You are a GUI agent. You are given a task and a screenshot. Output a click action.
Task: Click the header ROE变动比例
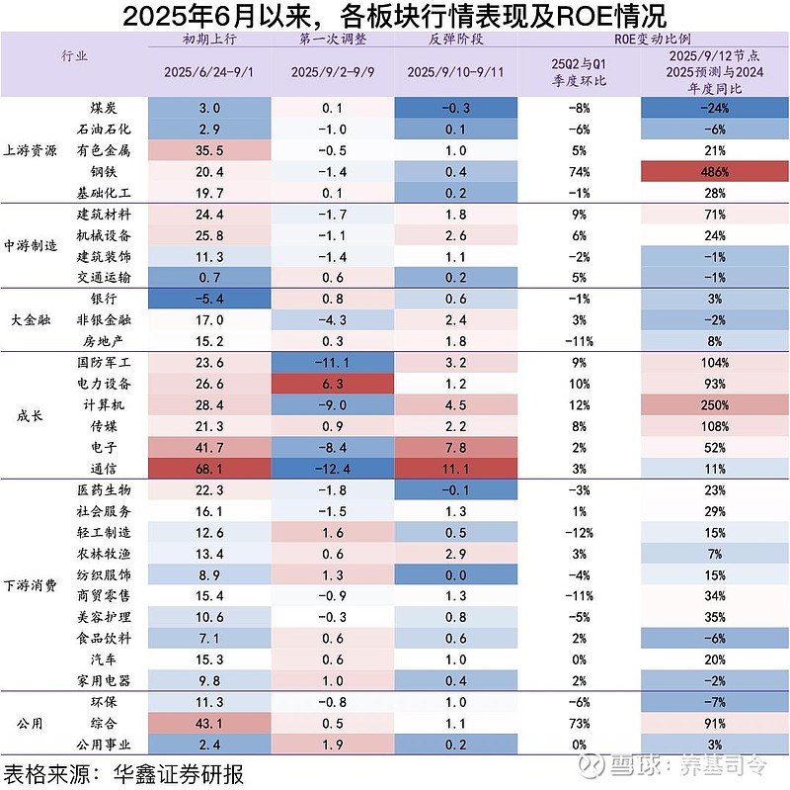pos(650,39)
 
